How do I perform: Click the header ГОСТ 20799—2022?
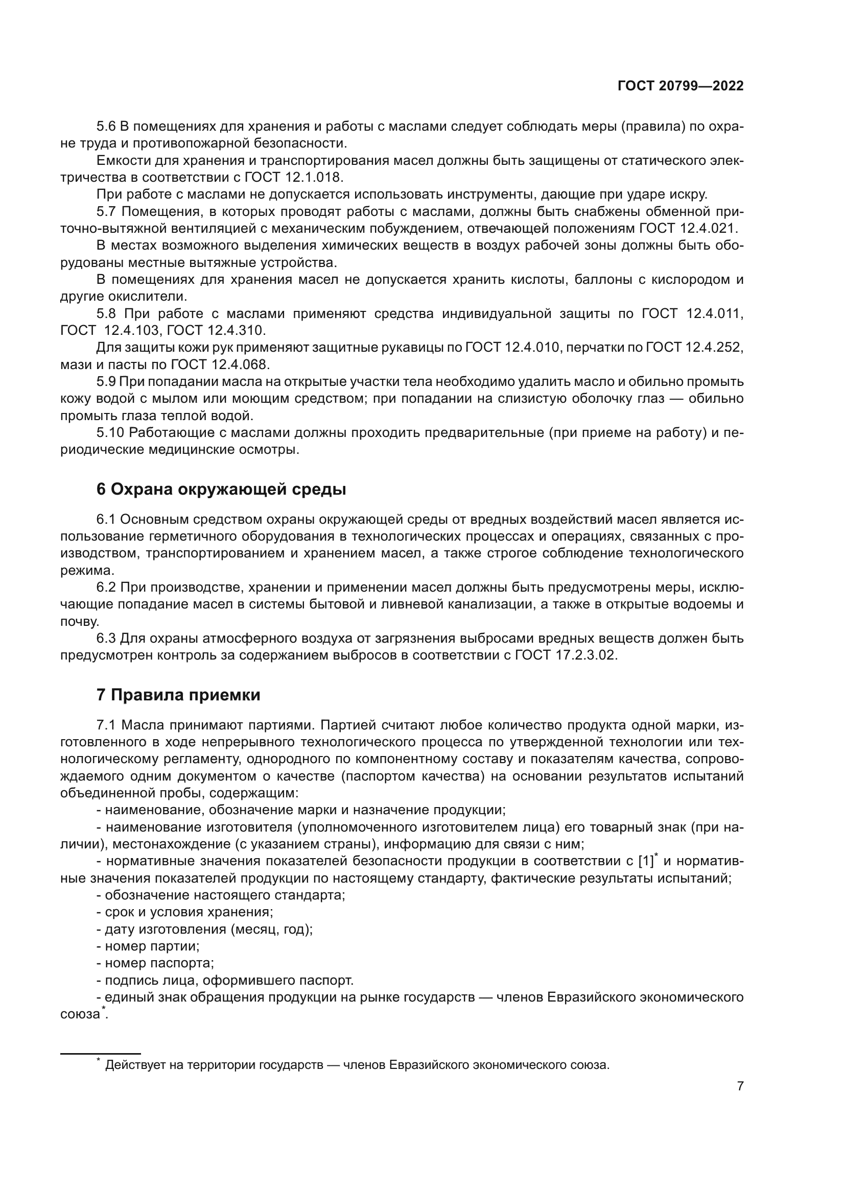pos(680,86)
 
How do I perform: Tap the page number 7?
pos(740,1086)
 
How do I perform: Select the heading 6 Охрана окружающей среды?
pos(221,490)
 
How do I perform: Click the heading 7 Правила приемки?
pos(178,695)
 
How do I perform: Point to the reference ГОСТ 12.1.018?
pos(293,177)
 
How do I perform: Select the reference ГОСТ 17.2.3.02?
pos(566,655)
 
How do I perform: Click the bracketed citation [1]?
pos(645,861)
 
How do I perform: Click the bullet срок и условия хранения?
pos(189,912)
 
